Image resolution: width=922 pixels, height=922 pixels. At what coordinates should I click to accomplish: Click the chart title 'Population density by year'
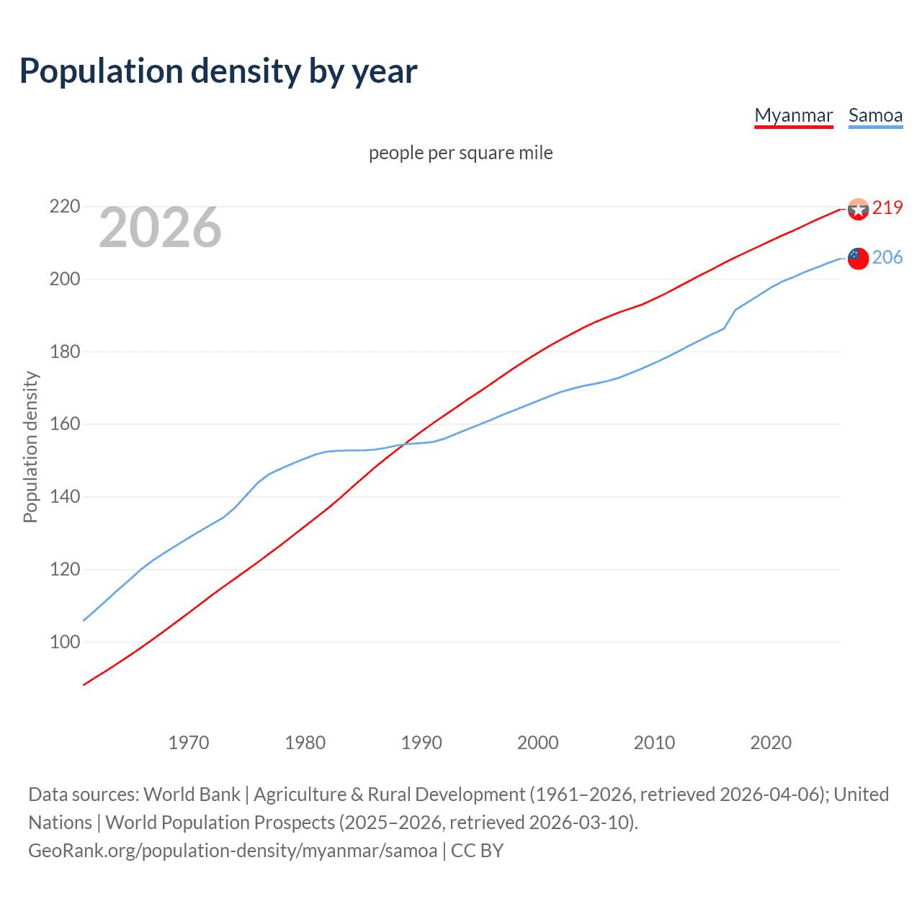pyautogui.click(x=218, y=71)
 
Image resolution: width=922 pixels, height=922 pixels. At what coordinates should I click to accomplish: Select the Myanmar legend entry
pyautogui.click(x=793, y=115)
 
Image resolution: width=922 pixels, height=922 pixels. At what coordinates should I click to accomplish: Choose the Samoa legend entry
pyautogui.click(x=875, y=115)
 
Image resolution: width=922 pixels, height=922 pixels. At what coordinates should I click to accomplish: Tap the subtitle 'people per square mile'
pyautogui.click(x=460, y=153)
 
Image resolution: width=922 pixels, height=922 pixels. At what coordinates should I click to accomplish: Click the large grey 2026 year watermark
pyautogui.click(x=160, y=228)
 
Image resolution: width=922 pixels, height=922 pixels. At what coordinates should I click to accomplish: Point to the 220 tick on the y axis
pyautogui.click(x=64, y=207)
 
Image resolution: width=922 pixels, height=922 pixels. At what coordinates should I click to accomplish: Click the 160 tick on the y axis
pyautogui.click(x=64, y=424)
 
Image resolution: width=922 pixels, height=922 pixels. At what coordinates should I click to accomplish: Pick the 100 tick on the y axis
pyautogui.click(x=64, y=642)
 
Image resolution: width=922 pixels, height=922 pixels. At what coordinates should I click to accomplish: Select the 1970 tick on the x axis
pyautogui.click(x=189, y=743)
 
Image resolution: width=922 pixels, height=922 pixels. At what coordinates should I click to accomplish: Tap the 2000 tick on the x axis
pyautogui.click(x=538, y=743)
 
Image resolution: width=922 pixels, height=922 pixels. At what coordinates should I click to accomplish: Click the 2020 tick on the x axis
pyautogui.click(x=771, y=743)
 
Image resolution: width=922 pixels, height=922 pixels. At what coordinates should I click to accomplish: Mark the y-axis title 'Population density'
pyautogui.click(x=30, y=447)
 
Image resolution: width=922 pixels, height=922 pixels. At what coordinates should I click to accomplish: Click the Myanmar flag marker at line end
pyautogui.click(x=858, y=209)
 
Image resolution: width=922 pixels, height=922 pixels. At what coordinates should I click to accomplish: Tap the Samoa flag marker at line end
pyautogui.click(x=858, y=258)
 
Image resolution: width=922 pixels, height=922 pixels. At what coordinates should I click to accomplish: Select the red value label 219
pyautogui.click(x=887, y=207)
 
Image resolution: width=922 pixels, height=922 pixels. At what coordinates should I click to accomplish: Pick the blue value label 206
pyautogui.click(x=887, y=257)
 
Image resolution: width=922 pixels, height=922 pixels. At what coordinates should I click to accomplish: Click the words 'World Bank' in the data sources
pyautogui.click(x=192, y=795)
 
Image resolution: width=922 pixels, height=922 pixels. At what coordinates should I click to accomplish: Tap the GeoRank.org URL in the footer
pyautogui.click(x=233, y=851)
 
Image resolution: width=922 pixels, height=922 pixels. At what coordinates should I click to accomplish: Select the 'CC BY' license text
pyautogui.click(x=477, y=851)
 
